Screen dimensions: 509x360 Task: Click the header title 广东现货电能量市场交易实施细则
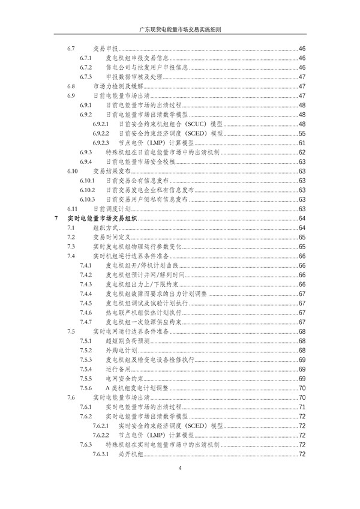click(x=179, y=29)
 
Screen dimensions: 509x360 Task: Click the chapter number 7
click(x=56, y=218)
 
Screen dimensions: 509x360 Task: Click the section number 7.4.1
click(x=85, y=265)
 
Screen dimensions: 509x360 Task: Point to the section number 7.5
click(x=71, y=331)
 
